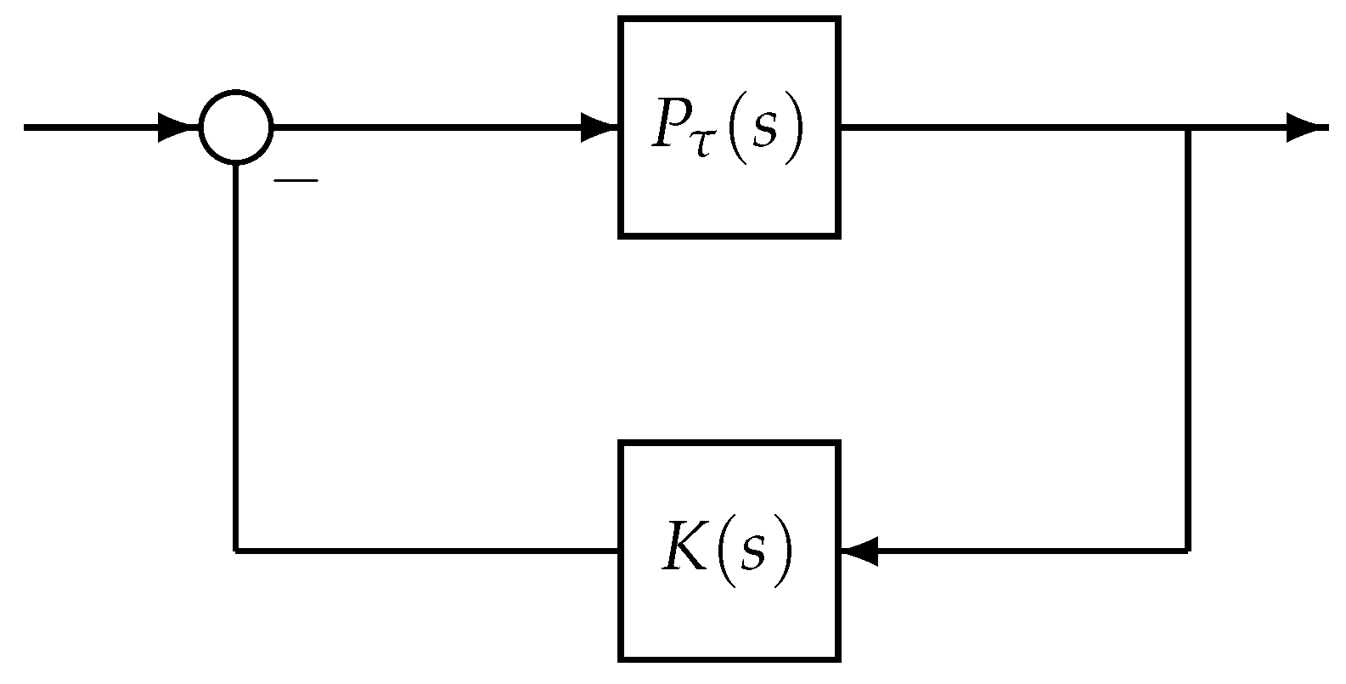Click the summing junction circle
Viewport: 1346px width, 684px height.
236,127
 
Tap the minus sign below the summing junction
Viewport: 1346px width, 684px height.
296,180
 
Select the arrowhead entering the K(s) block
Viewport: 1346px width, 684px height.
859,551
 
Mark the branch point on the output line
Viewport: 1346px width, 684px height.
1187,127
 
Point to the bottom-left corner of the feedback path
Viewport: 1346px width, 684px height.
236,551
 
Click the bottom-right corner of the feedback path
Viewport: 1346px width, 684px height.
1187,551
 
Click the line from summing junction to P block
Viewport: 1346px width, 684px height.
425,127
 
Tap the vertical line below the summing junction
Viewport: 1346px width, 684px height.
236,357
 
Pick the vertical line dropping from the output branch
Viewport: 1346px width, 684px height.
1187,340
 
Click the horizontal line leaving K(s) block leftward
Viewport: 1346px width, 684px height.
425,551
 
